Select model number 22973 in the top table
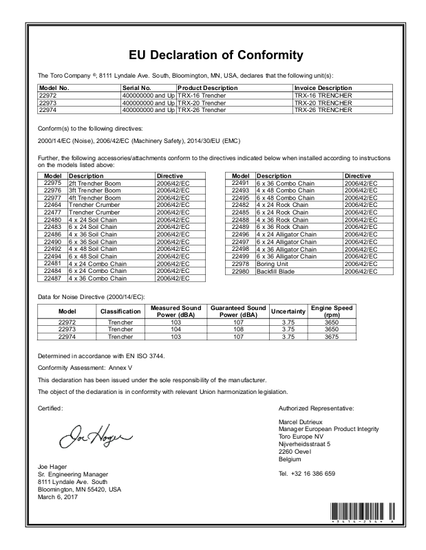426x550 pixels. coord(50,102)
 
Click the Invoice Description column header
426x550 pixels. coord(323,89)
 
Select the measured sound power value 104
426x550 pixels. coord(175,330)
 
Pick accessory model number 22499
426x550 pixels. coord(240,256)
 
